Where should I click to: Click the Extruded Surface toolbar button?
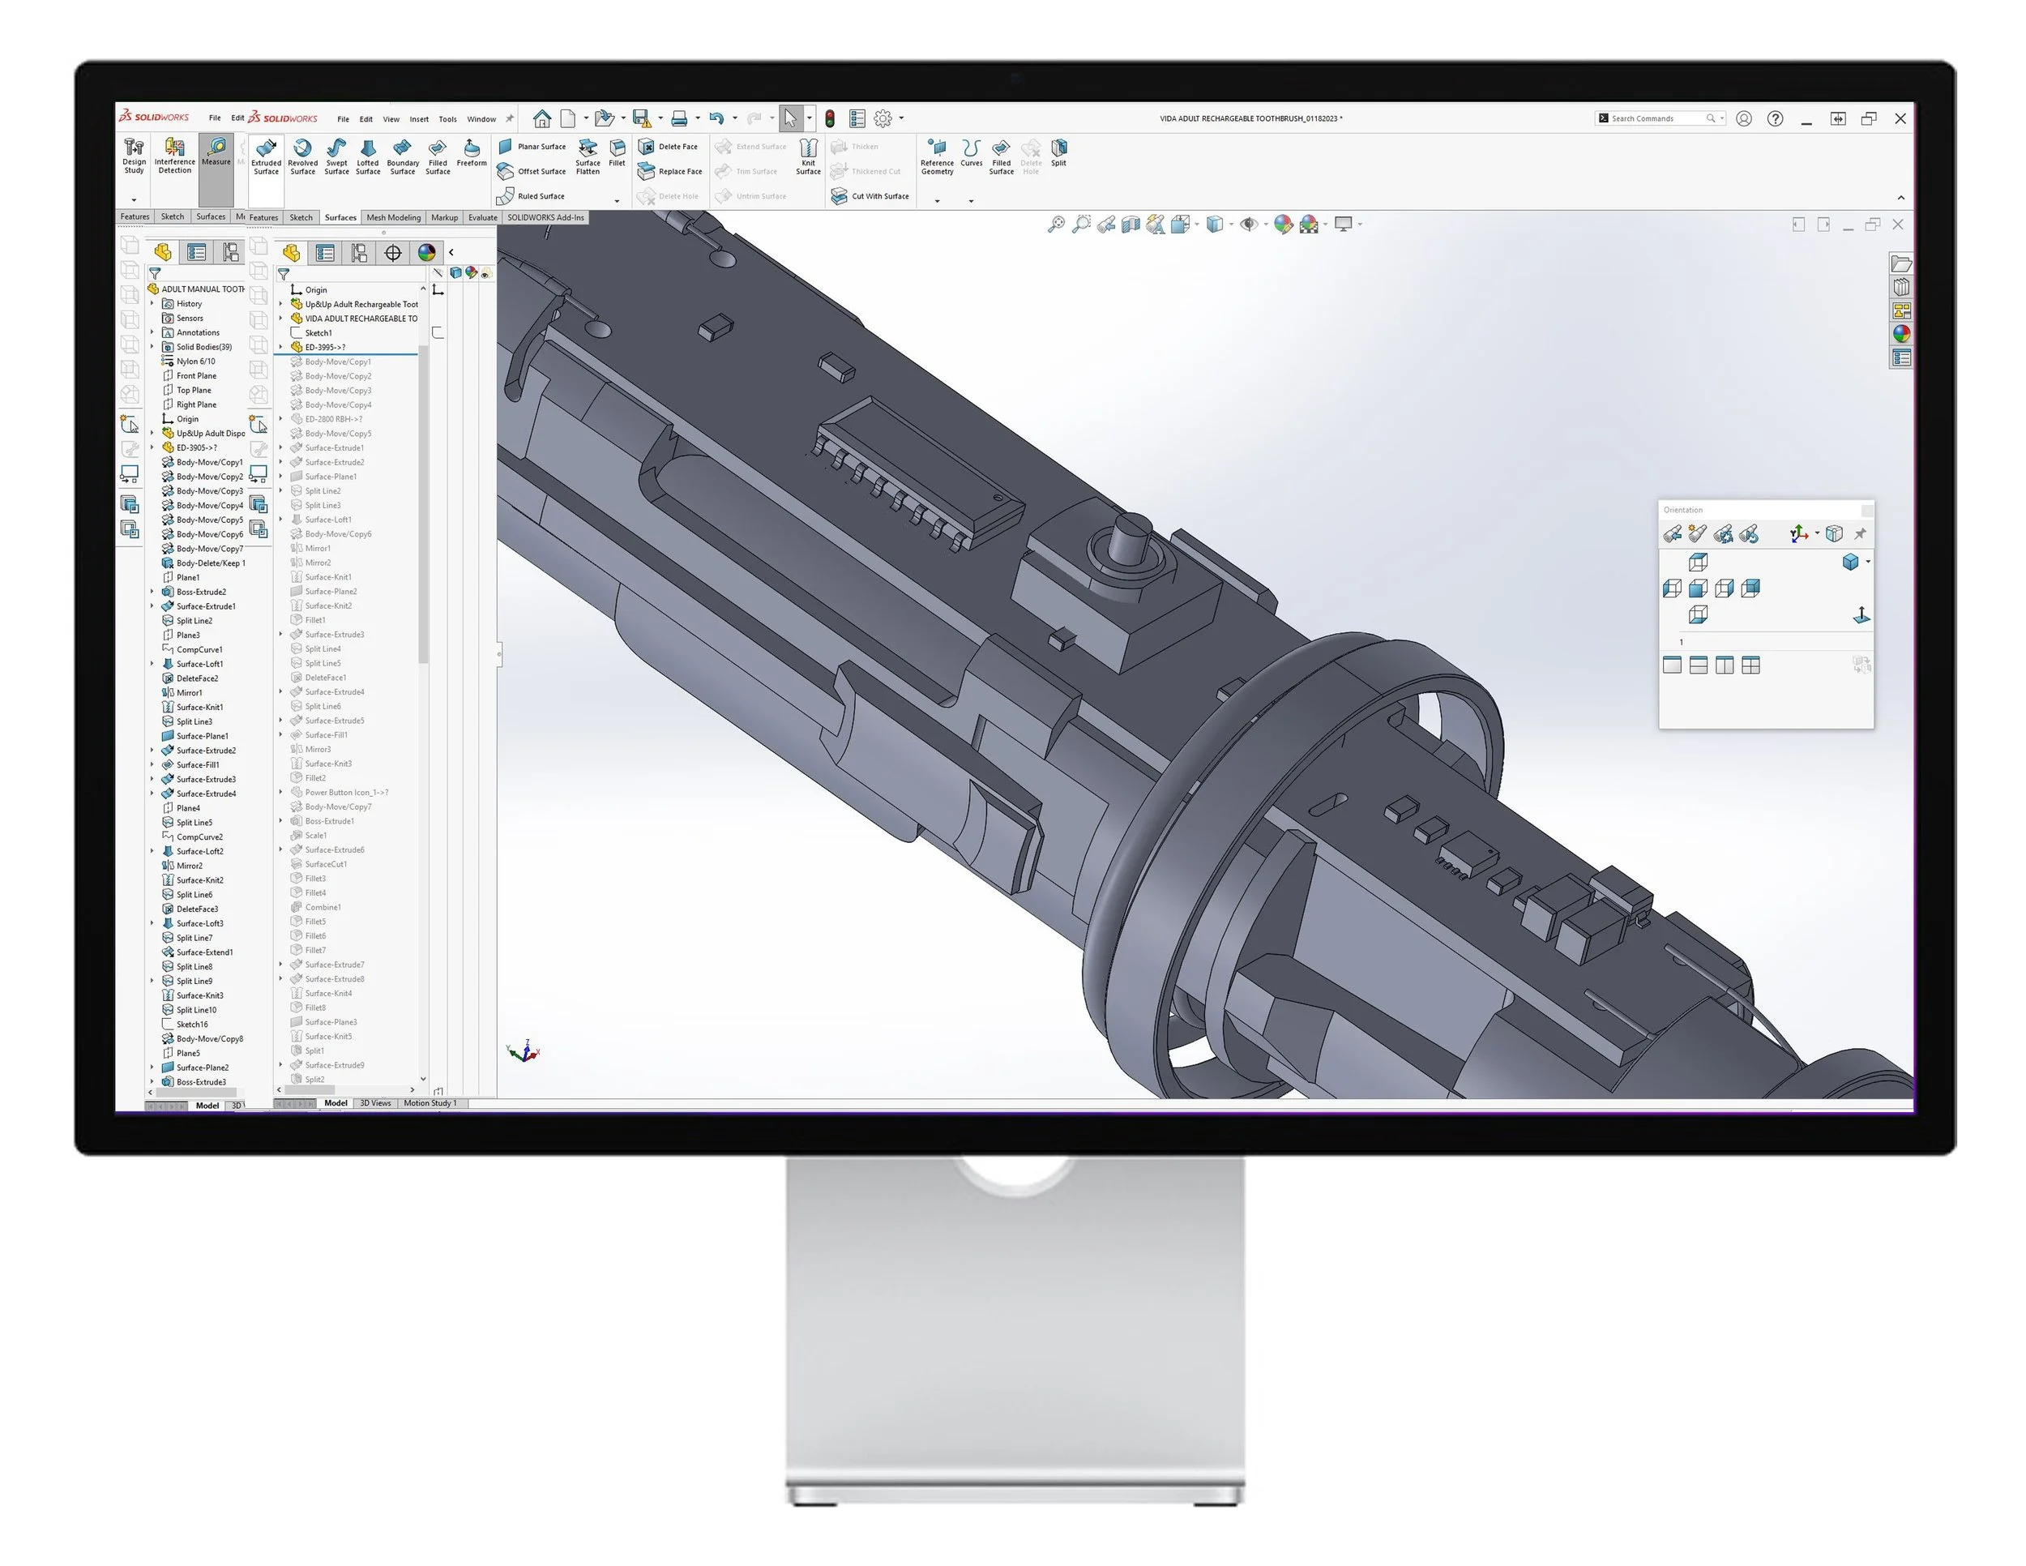(267, 156)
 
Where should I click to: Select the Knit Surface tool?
(808, 156)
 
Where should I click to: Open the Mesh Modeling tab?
(393, 218)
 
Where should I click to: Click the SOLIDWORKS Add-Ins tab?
(545, 218)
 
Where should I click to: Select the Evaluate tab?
(482, 218)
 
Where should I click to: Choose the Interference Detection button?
(174, 155)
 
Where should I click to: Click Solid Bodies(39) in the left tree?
(203, 347)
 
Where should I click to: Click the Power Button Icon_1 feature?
(345, 792)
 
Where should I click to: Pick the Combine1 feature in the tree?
(322, 907)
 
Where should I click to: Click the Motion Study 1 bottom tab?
(430, 1103)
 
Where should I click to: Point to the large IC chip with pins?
(918, 473)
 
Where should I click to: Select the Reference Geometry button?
(937, 156)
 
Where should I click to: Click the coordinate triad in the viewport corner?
(524, 1051)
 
